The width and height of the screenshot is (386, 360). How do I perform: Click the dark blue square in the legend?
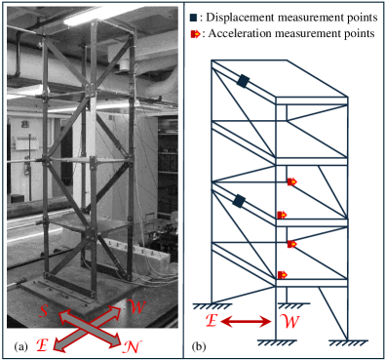pyautogui.click(x=194, y=18)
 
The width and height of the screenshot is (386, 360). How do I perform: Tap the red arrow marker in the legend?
pyautogui.click(x=195, y=34)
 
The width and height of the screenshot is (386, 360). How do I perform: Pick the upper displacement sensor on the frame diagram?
pyautogui.click(x=243, y=81)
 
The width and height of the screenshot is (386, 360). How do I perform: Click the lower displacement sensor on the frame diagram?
pyautogui.click(x=239, y=201)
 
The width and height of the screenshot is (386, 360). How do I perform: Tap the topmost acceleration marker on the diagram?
pyautogui.click(x=291, y=182)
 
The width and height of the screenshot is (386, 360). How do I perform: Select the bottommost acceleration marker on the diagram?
pyautogui.click(x=283, y=275)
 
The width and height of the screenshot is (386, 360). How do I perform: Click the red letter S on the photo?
pyautogui.click(x=44, y=311)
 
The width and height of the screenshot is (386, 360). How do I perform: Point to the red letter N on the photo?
pyautogui.click(x=132, y=346)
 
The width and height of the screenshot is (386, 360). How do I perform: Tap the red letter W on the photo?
pyautogui.click(x=136, y=307)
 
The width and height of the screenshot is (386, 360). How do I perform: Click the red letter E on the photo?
pyautogui.click(x=42, y=345)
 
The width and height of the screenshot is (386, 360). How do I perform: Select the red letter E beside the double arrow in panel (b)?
pyautogui.click(x=212, y=321)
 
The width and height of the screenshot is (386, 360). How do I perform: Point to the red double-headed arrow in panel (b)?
pyautogui.click(x=246, y=322)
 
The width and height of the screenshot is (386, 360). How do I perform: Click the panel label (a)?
pyautogui.click(x=21, y=347)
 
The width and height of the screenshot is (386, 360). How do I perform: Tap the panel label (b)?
pyautogui.click(x=199, y=347)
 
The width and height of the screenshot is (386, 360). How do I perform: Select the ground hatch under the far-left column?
pyautogui.click(x=212, y=306)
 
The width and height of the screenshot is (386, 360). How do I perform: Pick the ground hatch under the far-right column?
pyautogui.click(x=348, y=342)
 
